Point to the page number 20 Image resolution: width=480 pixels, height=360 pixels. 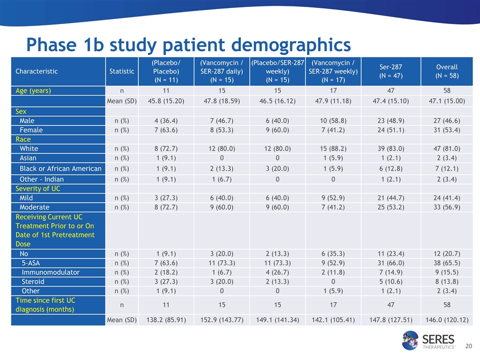tap(468, 346)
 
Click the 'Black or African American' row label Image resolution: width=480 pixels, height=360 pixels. tap(60, 168)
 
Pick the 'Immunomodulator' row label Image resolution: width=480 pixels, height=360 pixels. tap(50, 272)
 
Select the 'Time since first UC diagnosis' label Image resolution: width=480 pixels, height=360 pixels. tap(44, 304)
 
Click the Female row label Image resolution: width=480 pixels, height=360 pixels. tap(31, 129)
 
